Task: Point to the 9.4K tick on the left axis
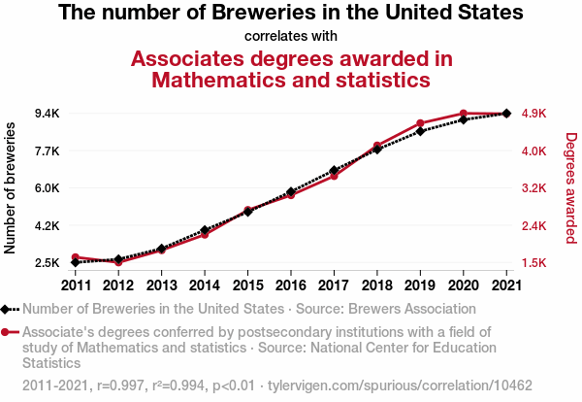pos(46,114)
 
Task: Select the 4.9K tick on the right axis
pos(535,114)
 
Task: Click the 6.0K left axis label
pos(46,188)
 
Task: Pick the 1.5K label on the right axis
pos(535,263)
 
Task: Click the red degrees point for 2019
pos(420,123)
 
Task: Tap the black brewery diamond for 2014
pos(205,230)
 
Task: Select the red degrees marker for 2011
pos(75,257)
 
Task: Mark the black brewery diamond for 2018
pos(377,150)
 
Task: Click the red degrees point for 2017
pos(334,176)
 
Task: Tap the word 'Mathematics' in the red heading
pos(215,80)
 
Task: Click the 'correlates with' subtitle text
pos(291,37)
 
